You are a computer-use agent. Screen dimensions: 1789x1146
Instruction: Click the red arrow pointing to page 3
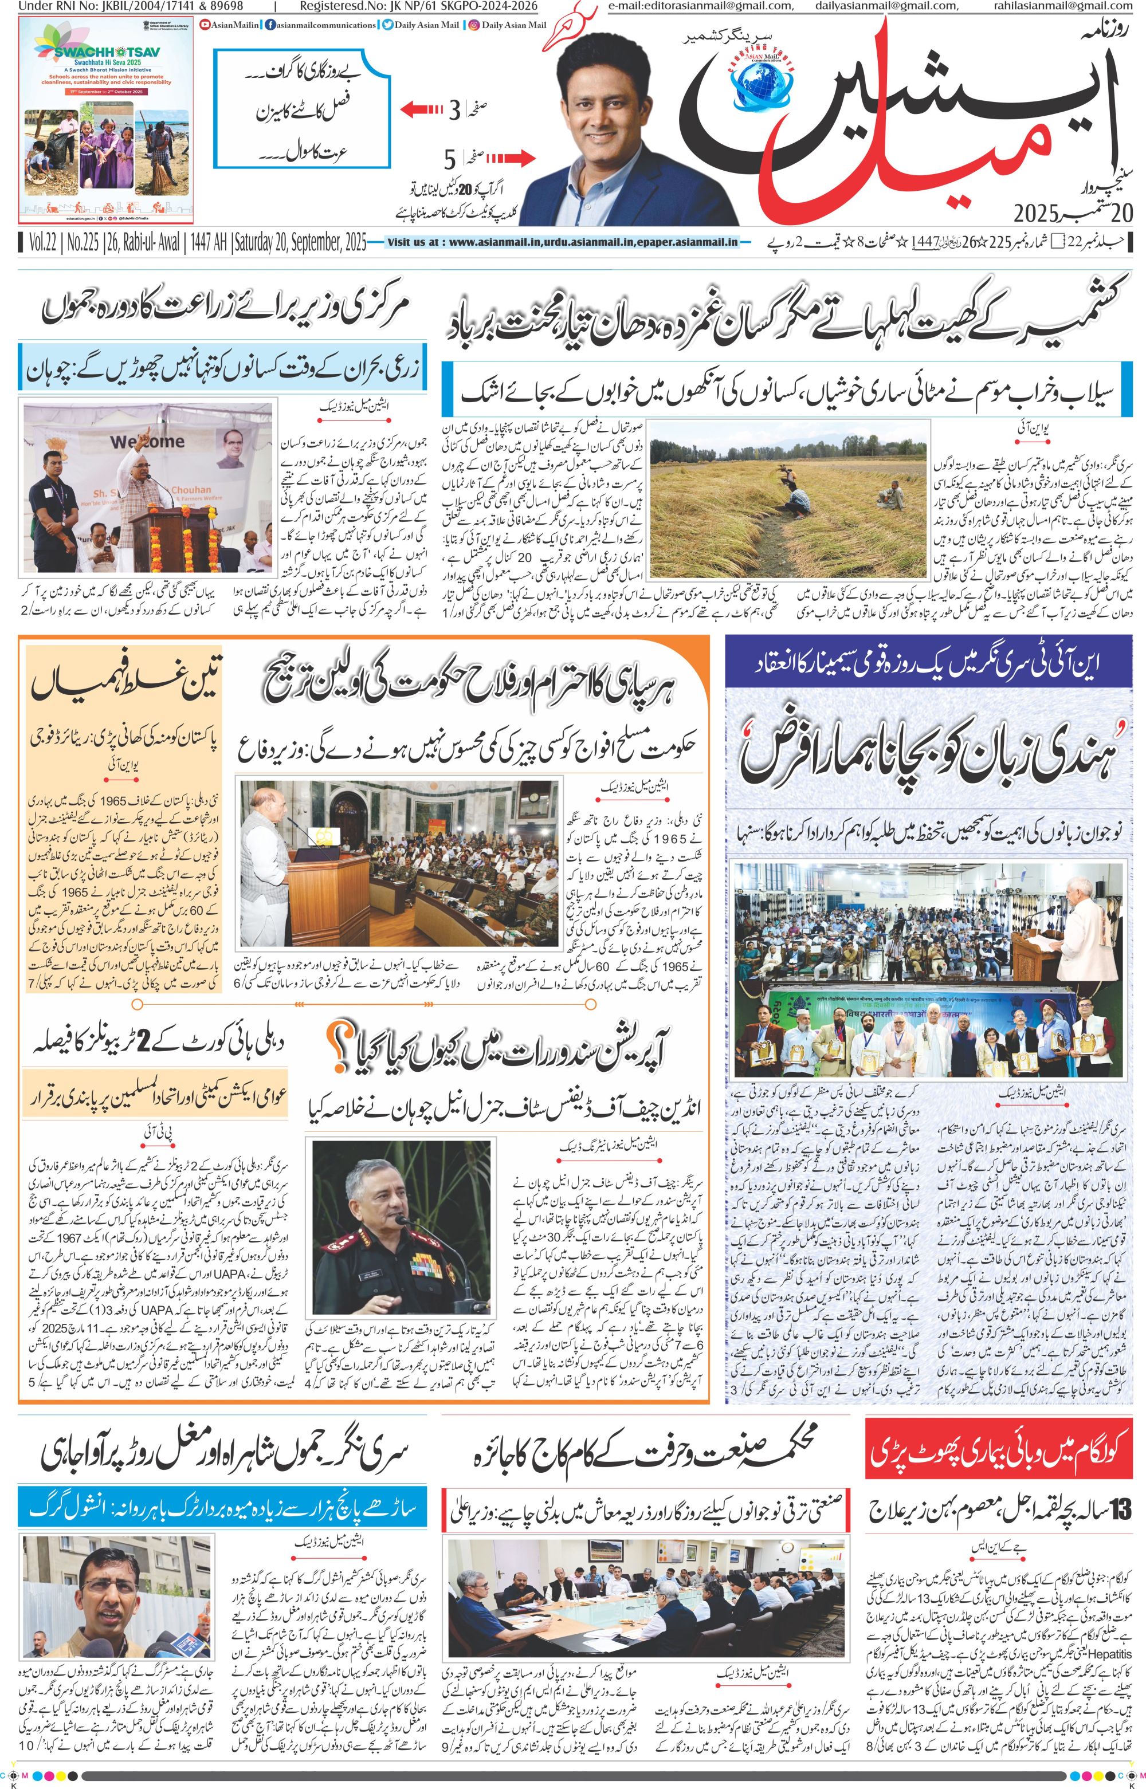pos(423,111)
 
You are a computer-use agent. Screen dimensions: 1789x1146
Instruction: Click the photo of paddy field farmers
pos(790,508)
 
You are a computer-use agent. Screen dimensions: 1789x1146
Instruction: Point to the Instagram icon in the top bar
pos(473,25)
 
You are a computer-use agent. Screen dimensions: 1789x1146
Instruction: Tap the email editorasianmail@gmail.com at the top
pos(697,7)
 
